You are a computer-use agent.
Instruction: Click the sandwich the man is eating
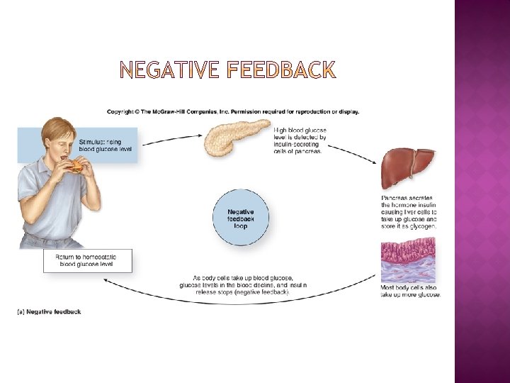coord(76,166)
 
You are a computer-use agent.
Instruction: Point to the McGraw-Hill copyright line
coord(233,111)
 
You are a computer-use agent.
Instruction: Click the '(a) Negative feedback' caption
coord(49,311)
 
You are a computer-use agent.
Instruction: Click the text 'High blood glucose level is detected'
coord(299,140)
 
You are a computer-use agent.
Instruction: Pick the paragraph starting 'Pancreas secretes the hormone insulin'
coord(409,212)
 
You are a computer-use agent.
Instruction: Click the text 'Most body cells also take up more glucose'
coord(410,291)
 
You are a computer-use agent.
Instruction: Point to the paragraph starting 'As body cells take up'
coord(243,284)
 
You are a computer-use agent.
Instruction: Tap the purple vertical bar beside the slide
coord(482,191)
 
